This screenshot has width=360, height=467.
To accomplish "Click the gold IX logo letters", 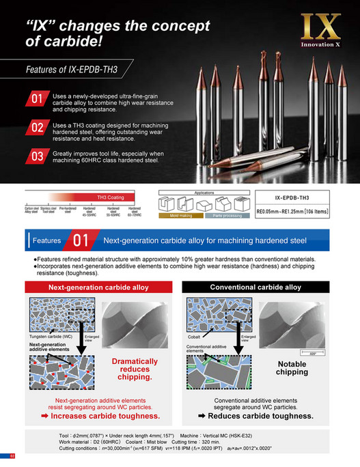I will click(320, 27).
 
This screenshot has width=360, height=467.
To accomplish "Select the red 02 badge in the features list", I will click(37, 128).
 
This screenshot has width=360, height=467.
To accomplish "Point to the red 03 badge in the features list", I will click(37, 156).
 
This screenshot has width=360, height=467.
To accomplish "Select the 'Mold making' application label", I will click(177, 216).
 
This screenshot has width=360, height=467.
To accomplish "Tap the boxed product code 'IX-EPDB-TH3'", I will click(296, 197).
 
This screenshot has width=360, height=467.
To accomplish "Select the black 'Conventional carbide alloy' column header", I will click(255, 287).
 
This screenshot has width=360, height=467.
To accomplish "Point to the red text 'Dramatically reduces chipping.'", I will click(133, 369).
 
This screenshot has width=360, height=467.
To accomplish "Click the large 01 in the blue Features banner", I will click(81, 240).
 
